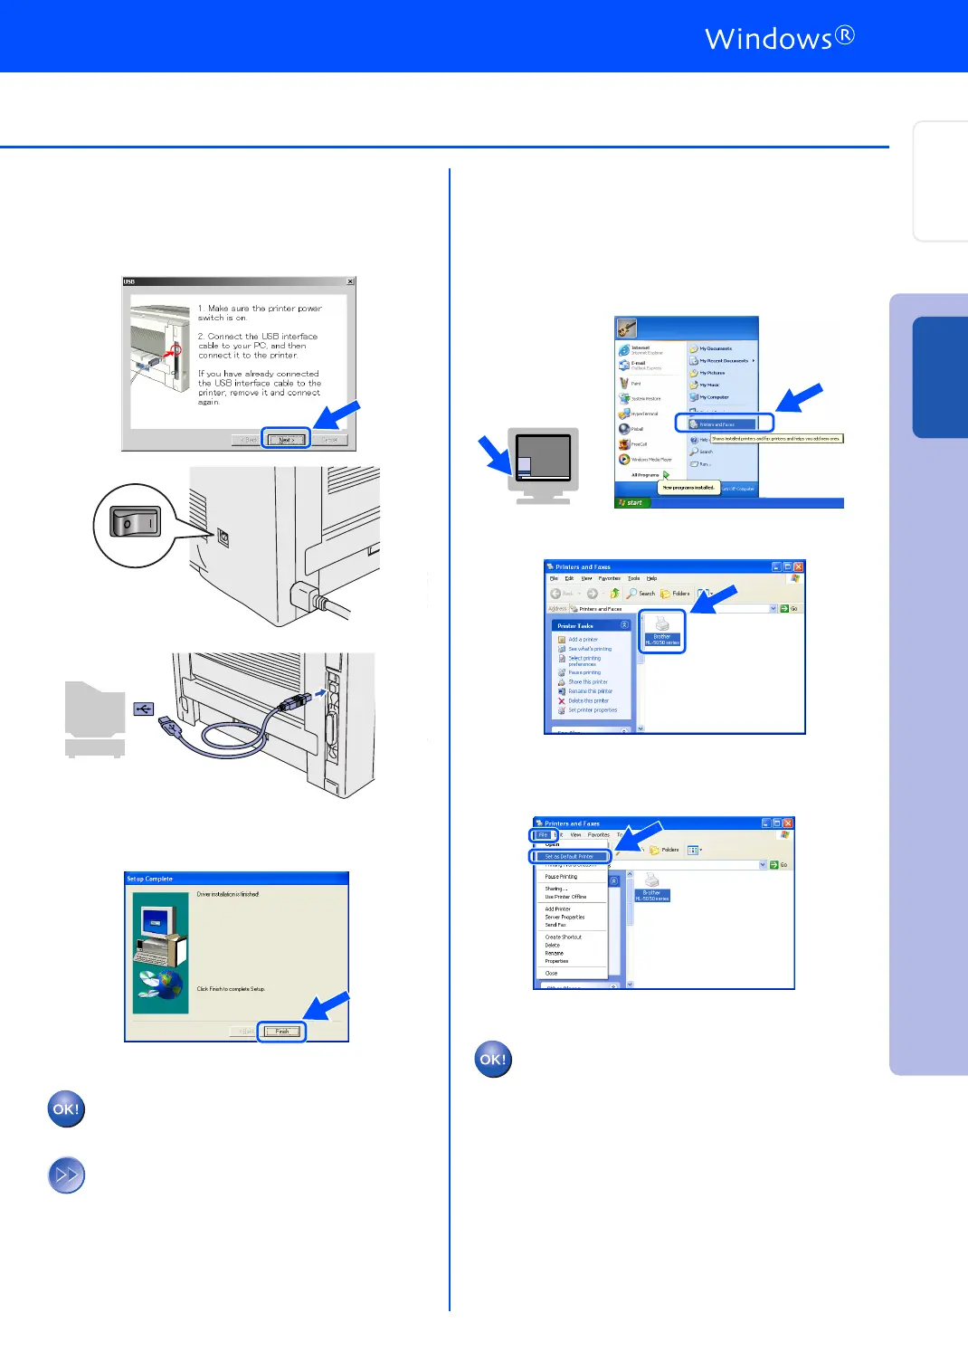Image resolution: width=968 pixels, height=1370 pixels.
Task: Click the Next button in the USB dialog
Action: point(286,440)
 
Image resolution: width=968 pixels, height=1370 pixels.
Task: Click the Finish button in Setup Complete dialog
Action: point(282,1032)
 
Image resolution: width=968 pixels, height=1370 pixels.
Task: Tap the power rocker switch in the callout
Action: point(135,523)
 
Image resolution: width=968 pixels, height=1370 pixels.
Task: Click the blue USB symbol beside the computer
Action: point(144,709)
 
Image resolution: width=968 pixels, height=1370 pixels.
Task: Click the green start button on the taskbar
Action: point(631,502)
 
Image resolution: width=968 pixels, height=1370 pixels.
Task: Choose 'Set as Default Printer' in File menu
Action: point(569,856)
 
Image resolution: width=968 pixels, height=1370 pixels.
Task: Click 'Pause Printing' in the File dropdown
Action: point(561,877)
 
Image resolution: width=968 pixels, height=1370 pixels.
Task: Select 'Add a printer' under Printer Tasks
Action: point(583,639)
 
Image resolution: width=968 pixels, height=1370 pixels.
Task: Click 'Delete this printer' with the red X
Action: point(587,700)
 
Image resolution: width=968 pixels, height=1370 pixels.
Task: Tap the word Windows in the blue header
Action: point(768,39)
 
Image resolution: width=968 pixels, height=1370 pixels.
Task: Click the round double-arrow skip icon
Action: point(66,1175)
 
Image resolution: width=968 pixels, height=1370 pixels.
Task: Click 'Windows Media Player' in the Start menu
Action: point(650,460)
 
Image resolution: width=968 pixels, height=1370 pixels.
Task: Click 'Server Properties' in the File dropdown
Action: point(565,917)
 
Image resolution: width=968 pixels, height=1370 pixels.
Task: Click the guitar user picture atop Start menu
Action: point(628,328)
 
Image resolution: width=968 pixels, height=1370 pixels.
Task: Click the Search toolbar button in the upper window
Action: point(641,594)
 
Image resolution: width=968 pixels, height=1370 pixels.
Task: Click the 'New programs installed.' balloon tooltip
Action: point(688,488)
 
